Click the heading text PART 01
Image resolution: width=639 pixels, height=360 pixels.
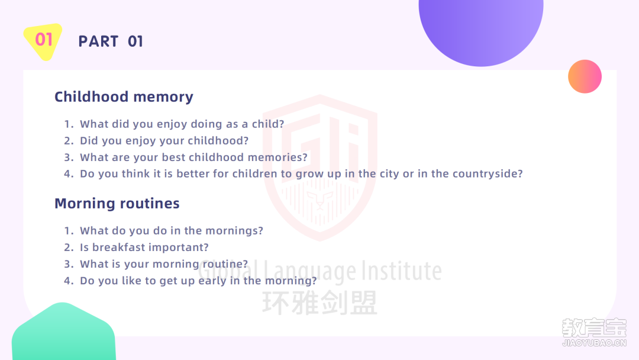tap(111, 41)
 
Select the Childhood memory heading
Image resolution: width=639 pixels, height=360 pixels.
tap(124, 97)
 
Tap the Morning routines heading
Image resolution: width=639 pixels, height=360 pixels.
tap(117, 204)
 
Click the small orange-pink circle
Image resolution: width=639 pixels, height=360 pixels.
tap(585, 76)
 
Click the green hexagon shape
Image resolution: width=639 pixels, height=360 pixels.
tap(63, 332)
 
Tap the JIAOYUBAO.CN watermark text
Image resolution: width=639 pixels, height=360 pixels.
tap(594, 343)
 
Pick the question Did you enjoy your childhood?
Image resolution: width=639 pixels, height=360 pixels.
tap(164, 141)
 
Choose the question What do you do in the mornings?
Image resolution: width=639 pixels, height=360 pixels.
tap(172, 231)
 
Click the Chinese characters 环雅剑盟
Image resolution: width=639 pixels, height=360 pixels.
tap(320, 303)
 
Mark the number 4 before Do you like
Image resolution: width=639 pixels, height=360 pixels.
tap(69, 281)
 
